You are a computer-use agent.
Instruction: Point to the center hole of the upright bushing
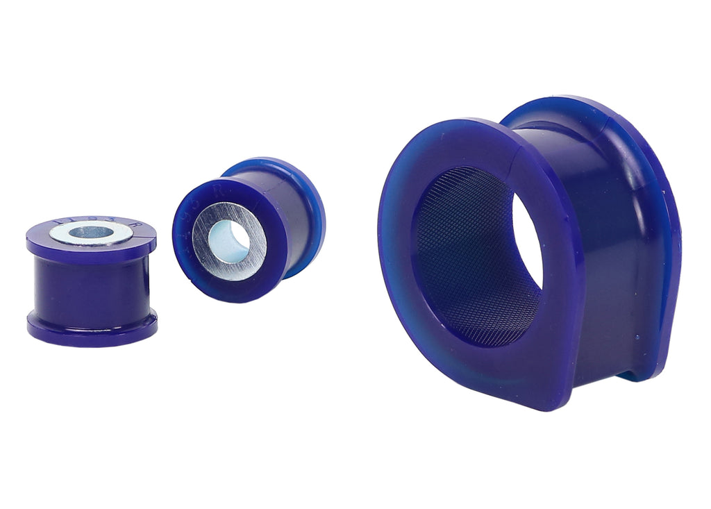tap(90, 232)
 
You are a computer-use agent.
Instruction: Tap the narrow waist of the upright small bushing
tap(90, 285)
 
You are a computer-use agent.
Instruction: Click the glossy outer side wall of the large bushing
tap(611, 278)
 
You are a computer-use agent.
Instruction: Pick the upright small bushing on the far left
tap(91, 278)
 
